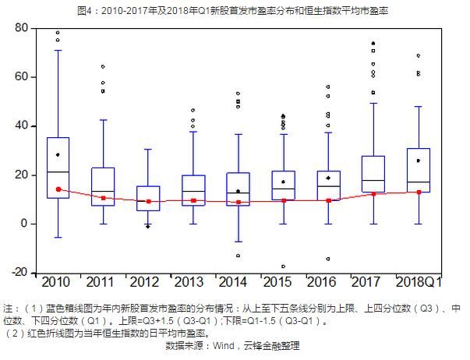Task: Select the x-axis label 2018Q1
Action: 419,281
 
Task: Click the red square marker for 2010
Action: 58,189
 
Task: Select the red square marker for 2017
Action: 374,194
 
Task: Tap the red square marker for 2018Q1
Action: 419,192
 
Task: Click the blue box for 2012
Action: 148,199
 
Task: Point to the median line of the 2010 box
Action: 58,172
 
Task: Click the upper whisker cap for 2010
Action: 58,51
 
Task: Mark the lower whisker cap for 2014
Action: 239,242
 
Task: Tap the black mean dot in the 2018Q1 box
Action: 419,161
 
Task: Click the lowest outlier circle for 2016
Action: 329,259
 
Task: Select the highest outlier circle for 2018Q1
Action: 419,55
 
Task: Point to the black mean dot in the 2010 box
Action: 58,155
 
